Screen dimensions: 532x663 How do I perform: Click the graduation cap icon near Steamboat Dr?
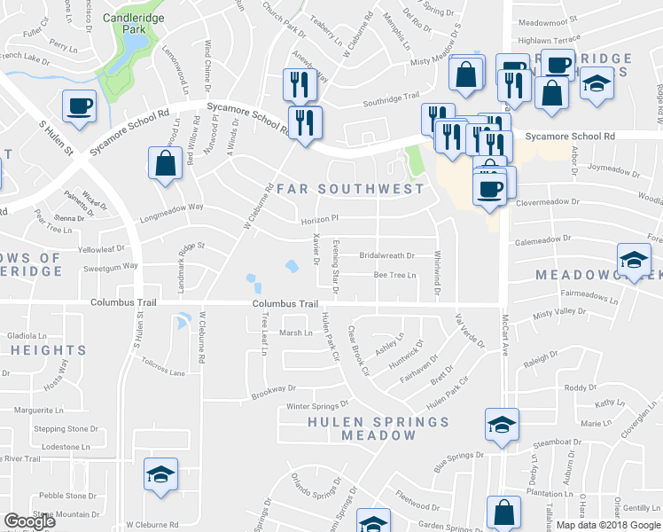501,426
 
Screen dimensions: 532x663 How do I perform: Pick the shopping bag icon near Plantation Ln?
503,513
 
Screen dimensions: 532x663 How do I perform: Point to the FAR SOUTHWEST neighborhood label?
350,188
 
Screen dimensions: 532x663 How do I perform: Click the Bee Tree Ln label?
394,276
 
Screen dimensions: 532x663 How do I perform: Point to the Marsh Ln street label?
296,332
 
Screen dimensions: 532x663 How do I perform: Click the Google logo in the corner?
29,520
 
